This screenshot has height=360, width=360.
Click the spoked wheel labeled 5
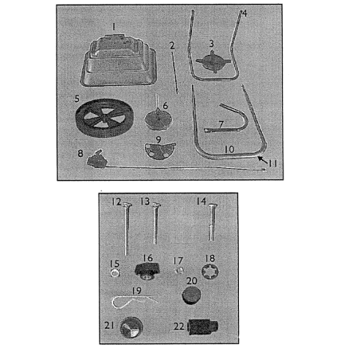(104, 118)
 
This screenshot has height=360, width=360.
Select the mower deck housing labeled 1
(119, 61)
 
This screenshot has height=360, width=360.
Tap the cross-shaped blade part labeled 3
(213, 61)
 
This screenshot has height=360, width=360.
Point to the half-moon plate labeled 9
(160, 151)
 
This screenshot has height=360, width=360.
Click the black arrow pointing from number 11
(263, 159)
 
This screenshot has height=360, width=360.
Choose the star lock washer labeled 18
(210, 272)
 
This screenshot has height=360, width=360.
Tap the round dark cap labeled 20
(191, 295)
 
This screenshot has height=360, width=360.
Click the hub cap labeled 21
(131, 327)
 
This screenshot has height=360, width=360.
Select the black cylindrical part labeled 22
(203, 327)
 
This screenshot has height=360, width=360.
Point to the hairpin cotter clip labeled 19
(134, 302)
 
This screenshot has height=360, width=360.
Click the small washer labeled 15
(115, 272)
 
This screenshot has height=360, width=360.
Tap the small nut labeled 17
(179, 271)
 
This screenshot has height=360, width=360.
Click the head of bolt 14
(213, 205)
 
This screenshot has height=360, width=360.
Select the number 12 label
(116, 202)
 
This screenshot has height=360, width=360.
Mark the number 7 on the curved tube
(221, 124)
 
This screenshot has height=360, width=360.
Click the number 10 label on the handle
(229, 149)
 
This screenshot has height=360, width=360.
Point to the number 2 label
(172, 45)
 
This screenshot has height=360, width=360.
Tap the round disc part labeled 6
(158, 120)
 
